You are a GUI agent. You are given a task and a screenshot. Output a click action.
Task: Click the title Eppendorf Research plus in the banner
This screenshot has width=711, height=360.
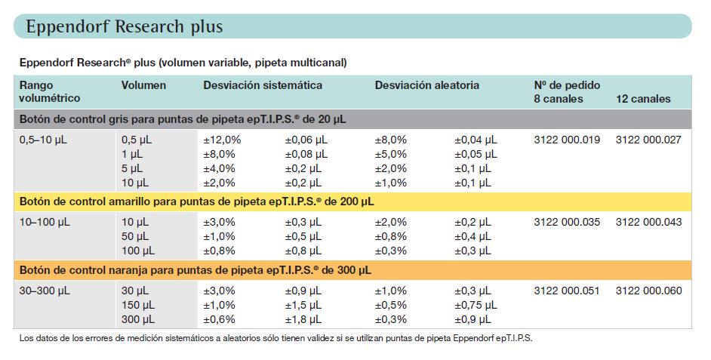pos(125,26)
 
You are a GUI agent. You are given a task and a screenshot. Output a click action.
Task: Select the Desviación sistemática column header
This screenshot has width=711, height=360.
pos(263,85)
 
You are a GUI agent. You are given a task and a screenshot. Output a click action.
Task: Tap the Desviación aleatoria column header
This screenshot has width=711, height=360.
pos(426,85)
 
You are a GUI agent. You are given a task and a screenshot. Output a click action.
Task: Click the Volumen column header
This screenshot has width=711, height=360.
pos(143,85)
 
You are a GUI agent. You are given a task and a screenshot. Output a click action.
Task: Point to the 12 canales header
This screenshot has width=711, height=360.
pos(643,99)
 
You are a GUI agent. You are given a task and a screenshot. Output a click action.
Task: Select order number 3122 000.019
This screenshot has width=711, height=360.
pos(567,140)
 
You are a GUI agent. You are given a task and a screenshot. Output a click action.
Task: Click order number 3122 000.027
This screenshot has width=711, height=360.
pos(648,140)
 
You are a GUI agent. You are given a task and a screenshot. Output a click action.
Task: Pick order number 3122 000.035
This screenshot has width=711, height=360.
pos(567,222)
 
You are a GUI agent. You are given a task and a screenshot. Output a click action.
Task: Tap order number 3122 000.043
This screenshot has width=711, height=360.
pos(648,222)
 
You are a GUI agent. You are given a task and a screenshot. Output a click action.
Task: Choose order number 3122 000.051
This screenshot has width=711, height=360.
pos(567,291)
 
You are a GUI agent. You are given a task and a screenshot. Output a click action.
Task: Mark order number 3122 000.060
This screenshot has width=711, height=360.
pos(648,291)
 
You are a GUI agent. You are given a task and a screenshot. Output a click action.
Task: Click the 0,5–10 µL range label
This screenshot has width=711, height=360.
pos(43,140)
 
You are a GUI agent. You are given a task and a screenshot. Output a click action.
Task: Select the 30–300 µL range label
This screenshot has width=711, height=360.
pos(45,291)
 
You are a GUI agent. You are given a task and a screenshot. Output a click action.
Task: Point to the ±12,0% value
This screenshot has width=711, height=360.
pos(222,140)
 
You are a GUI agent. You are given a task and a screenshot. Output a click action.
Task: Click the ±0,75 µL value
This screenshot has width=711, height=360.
pos(476,305)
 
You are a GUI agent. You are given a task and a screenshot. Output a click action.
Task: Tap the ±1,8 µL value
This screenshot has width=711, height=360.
pos(303,320)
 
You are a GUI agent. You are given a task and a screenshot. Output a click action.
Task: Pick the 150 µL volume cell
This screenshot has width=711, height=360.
pos(138,305)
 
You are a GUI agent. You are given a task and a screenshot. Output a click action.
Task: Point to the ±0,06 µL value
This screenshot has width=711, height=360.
pos(306,140)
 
